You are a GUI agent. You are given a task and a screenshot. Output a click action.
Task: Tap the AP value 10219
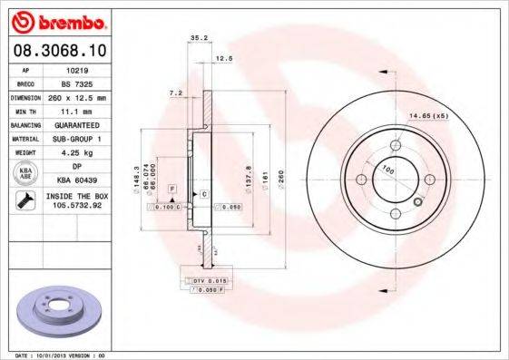tap(78, 68)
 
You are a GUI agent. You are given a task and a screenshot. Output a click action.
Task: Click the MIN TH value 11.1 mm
tap(78, 109)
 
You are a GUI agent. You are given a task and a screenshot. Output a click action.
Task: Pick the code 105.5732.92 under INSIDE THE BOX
tap(78, 205)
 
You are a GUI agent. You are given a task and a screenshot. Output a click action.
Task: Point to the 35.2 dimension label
tap(195, 38)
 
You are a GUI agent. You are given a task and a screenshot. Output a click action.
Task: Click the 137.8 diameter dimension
tap(249, 172)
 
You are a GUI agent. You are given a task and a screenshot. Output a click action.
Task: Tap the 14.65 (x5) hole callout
tap(427, 117)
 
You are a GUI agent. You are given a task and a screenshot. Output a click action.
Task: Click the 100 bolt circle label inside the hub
tap(387, 170)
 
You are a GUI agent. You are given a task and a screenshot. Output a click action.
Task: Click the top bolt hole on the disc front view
tap(396, 145)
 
